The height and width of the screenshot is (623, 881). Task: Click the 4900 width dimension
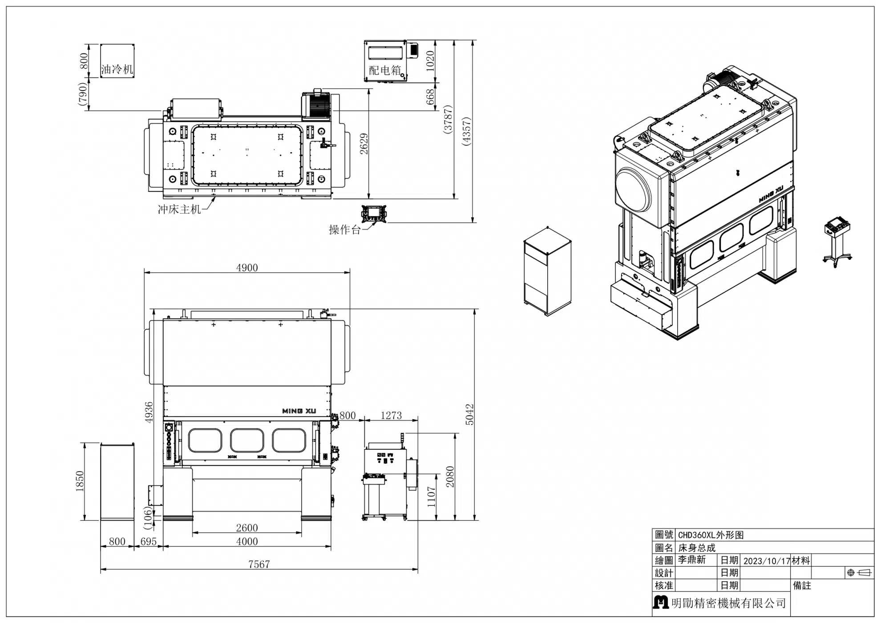click(x=247, y=267)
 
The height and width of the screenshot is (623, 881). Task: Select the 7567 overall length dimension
click(x=259, y=564)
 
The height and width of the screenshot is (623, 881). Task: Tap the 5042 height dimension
click(x=470, y=414)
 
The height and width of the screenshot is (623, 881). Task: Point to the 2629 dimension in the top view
click(x=364, y=144)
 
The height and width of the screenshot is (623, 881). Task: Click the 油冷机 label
click(x=117, y=69)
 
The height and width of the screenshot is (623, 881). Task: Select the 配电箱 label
click(x=385, y=70)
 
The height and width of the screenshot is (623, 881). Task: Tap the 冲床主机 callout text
click(x=180, y=209)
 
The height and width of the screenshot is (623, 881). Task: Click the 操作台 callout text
click(x=345, y=230)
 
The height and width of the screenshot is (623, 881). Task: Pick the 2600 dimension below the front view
click(x=247, y=528)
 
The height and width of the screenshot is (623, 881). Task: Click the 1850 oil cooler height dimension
click(x=80, y=481)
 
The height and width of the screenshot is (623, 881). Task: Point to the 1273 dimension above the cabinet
click(x=391, y=415)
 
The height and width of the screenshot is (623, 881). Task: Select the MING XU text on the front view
click(x=299, y=411)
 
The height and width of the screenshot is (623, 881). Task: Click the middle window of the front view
click(x=247, y=441)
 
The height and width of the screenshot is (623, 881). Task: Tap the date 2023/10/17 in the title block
click(x=767, y=561)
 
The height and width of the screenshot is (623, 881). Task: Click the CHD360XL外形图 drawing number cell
click(x=711, y=535)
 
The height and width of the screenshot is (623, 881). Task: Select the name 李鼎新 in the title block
click(x=692, y=560)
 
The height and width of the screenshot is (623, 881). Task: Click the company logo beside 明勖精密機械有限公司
click(x=661, y=602)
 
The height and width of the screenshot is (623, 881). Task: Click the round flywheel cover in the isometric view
click(x=633, y=190)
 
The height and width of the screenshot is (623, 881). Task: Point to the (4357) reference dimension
click(x=466, y=131)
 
